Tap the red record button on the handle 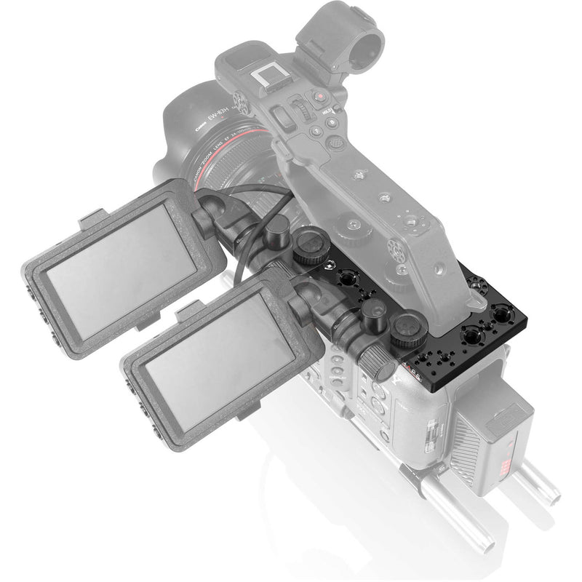click(319, 96)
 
